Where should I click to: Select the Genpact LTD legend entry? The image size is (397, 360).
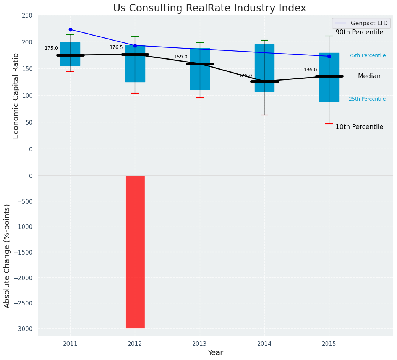click(361, 23)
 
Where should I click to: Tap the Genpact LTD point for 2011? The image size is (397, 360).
click(70, 29)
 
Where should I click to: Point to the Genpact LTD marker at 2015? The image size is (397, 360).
click(329, 56)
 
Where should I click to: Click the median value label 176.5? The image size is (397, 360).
click(116, 47)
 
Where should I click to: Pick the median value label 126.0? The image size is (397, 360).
click(245, 76)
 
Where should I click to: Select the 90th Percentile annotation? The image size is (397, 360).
click(359, 32)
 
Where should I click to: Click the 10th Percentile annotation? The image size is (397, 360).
click(359, 127)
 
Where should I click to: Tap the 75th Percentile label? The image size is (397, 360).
click(367, 55)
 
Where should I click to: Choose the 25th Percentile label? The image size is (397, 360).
click(367, 99)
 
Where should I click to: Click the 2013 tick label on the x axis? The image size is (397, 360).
click(199, 344)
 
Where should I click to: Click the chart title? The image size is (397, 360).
click(209, 8)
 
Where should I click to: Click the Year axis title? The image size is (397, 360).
click(215, 353)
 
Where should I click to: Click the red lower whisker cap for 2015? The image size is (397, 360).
click(329, 124)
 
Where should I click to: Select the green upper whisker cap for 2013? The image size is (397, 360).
click(199, 42)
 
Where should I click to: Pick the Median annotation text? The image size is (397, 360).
click(369, 76)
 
